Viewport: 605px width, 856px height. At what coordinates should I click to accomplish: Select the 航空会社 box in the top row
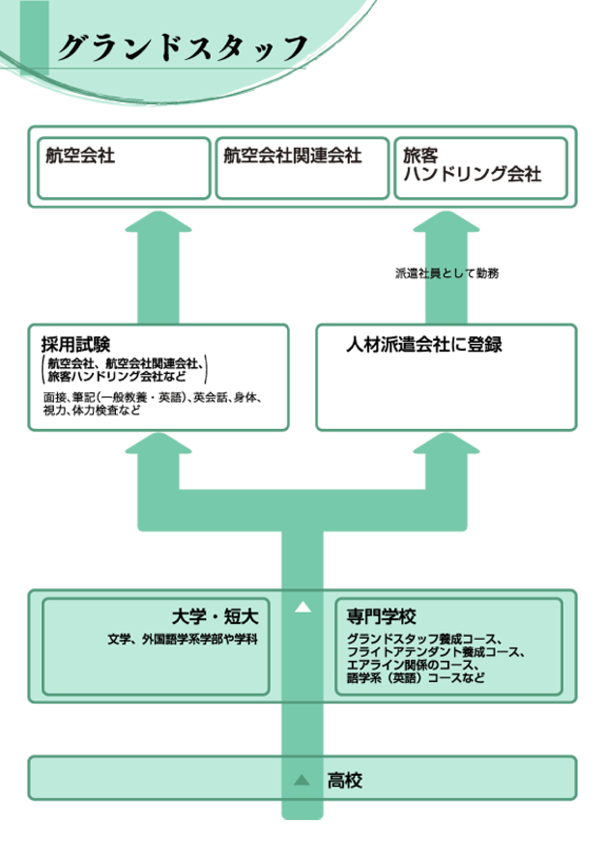pos(124,168)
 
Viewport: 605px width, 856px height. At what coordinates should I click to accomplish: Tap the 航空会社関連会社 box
pos(302,168)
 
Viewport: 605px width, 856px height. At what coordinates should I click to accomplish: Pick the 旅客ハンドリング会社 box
pos(481,168)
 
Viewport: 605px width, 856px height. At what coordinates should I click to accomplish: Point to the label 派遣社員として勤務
pos(447,273)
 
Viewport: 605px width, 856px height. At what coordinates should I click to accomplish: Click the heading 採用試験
pos(76,344)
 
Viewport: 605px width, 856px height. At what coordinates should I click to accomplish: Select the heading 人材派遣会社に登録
pos(424,344)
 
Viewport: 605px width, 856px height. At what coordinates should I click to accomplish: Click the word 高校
pos(344,780)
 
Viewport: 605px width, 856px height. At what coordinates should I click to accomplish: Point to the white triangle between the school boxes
pos(303,607)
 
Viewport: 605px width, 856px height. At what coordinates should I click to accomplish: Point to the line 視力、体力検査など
pos(92,410)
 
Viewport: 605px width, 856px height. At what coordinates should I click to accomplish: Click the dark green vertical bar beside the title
pos(34,37)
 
